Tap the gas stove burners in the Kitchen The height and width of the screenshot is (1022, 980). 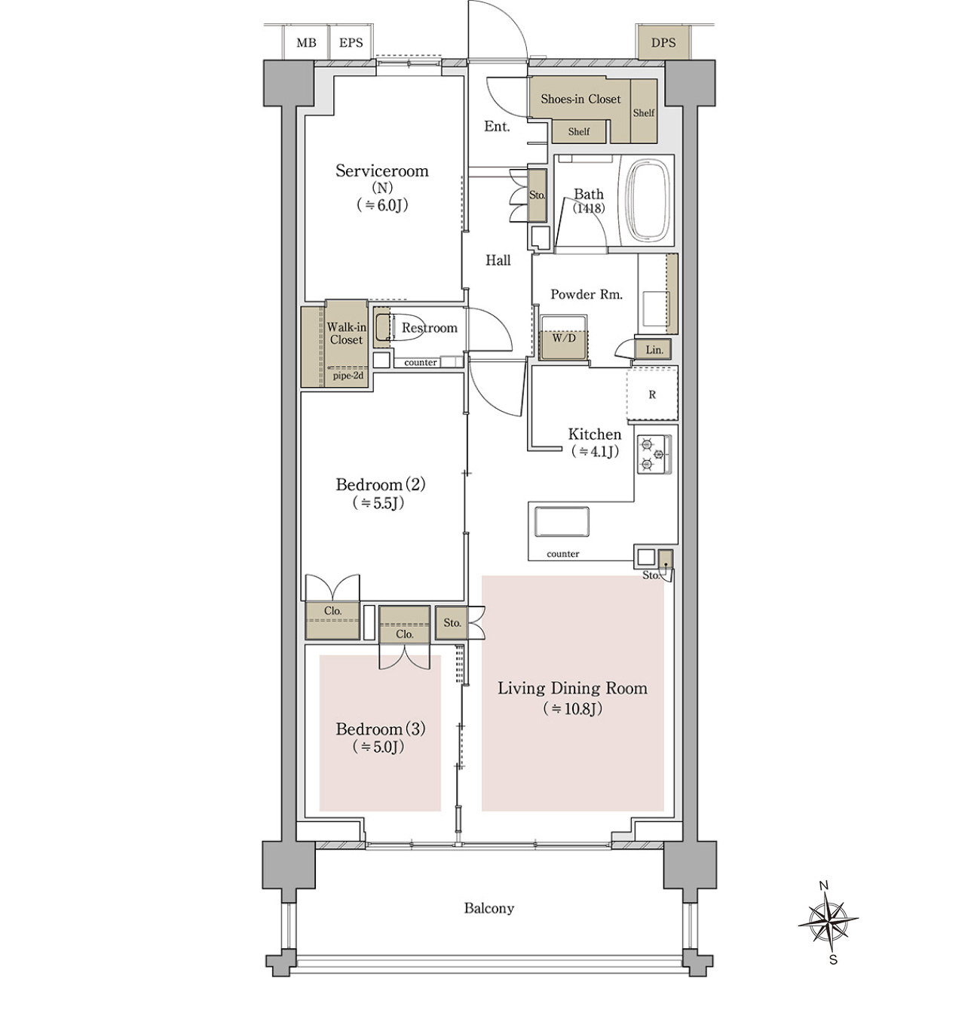pos(654,454)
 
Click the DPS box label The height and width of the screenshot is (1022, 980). pos(663,42)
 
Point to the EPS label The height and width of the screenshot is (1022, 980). pos(351,42)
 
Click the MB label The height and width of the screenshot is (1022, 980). pos(307,42)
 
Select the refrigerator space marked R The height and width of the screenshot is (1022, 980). pos(652,394)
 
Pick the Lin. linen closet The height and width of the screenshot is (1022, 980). pos(654,350)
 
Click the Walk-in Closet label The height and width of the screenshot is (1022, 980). pos(347,333)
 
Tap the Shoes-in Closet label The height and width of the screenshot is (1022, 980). pos(580,99)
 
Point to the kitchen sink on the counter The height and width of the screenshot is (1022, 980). pos(561,521)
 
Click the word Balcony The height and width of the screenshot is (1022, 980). pos(488,908)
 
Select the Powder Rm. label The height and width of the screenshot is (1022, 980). pos(586,295)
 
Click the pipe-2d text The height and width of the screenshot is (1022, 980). pos(348,376)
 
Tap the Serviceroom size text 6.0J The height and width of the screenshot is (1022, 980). pos(381,205)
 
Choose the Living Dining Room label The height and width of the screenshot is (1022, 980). pos(572,688)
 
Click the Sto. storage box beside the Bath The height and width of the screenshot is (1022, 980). pos(537,195)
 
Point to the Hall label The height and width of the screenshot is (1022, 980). pos(498,260)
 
